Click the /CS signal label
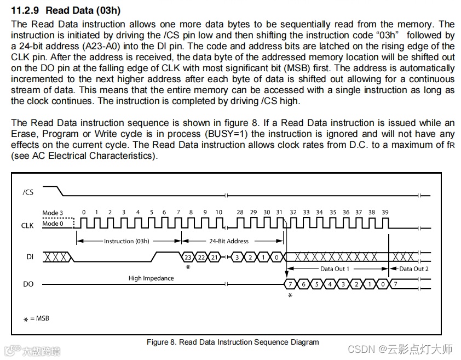[x=28, y=192]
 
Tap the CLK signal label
[x=27, y=225]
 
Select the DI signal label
[x=30, y=256]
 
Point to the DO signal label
[x=28, y=284]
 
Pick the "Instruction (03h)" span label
[x=126, y=241]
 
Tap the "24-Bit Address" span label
[x=229, y=241]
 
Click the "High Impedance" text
[x=151, y=278]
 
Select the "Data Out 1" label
[x=335, y=269]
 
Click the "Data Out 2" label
[x=414, y=269]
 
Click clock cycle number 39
[x=385, y=213]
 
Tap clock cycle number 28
[x=240, y=213]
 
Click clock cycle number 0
[x=83, y=213]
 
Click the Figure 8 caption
[x=233, y=342]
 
